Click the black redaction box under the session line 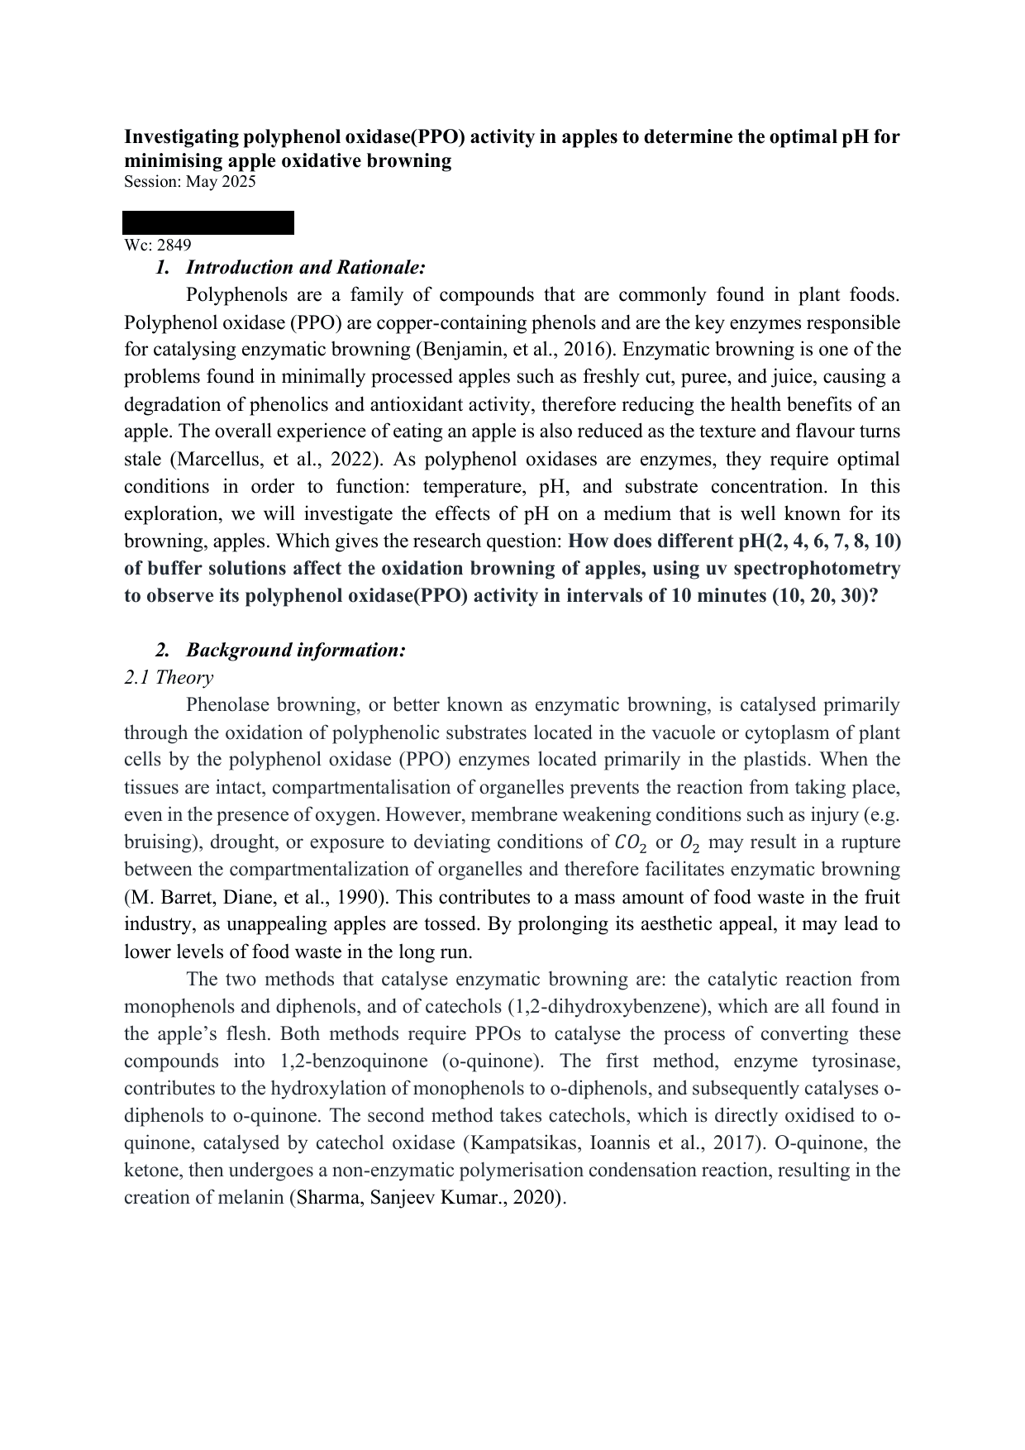[x=208, y=222]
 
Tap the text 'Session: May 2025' [x=189, y=182]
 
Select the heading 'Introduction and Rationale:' [x=305, y=268]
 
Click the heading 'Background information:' [x=295, y=651]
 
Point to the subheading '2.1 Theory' [x=168, y=678]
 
